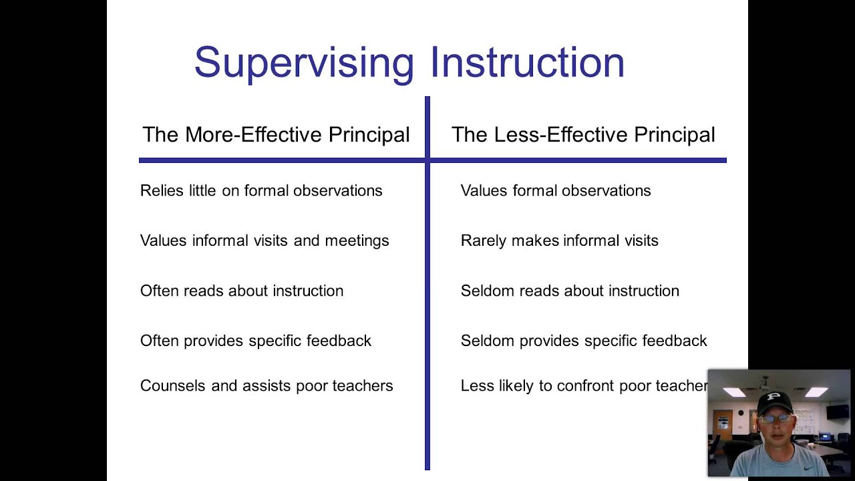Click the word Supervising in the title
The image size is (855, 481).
pos(304,63)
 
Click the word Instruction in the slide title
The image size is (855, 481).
pos(527,63)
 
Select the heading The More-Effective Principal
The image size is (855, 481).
pos(276,135)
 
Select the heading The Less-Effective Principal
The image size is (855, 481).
pos(583,135)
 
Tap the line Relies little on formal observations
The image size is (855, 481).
pos(261,191)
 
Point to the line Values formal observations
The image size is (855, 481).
pos(556,191)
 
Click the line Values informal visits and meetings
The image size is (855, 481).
pos(265,240)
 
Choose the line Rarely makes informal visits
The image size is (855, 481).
pos(560,240)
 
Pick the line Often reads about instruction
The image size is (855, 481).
pos(242,291)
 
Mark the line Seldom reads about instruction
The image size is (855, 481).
pos(570,291)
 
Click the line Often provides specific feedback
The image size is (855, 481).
pos(256,341)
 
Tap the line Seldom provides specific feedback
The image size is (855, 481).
pos(584,341)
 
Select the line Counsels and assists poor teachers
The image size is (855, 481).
pos(267,386)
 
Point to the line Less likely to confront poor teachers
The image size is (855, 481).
pos(584,386)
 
